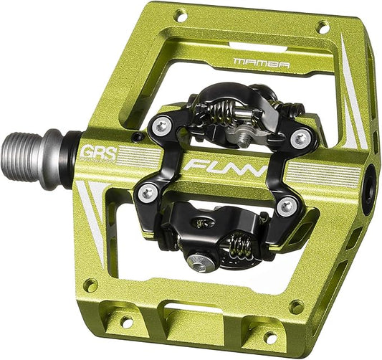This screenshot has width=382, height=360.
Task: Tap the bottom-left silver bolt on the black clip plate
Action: point(148,191)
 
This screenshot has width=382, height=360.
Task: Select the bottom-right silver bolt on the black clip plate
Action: point(287,207)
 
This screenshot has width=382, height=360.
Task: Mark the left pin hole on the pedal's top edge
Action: point(181,14)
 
